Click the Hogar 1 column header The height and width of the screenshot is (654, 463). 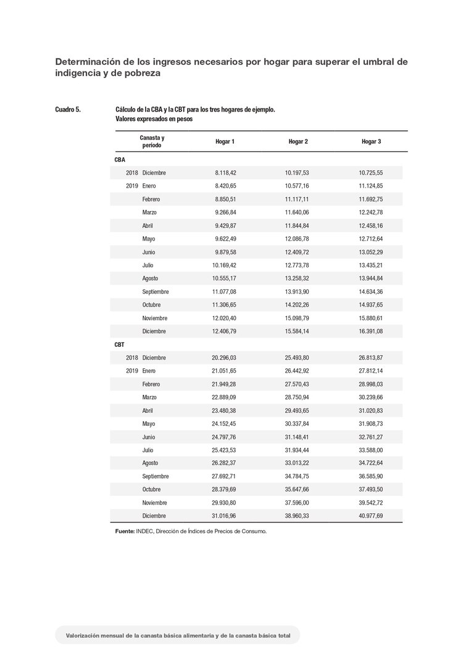225,142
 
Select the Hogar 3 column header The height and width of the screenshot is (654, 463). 371,142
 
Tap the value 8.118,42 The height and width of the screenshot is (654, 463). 225,173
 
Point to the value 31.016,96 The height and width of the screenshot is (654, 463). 224,516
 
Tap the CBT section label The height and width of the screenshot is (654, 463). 120,345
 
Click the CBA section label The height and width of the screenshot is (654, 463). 120,160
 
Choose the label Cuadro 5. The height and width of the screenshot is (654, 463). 68,110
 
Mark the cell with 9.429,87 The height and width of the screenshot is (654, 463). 225,226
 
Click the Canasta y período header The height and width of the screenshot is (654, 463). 152,141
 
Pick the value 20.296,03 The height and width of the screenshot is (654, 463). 224,358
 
